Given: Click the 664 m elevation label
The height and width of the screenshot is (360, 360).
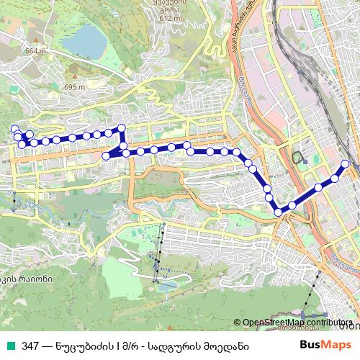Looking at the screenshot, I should [35, 51].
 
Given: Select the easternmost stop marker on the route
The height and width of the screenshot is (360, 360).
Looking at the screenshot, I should [345, 164].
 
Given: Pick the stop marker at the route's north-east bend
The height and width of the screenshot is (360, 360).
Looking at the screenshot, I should [121, 129].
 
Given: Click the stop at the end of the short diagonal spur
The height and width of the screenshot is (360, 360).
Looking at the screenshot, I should [107, 156].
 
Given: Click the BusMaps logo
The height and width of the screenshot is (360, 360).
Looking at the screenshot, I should [325, 344].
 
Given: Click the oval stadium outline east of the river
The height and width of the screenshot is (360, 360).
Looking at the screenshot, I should [298, 157].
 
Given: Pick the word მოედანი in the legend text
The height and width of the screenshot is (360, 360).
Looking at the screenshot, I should [228, 346].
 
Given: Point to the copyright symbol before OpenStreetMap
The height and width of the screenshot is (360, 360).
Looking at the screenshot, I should [238, 323].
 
